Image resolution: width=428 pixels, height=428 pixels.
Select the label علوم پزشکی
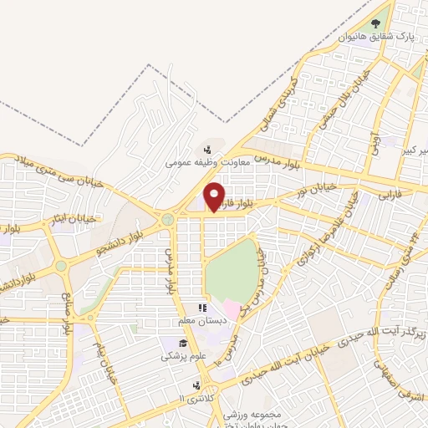tap(180, 356)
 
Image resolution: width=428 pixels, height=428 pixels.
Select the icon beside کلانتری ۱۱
tap(195, 385)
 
